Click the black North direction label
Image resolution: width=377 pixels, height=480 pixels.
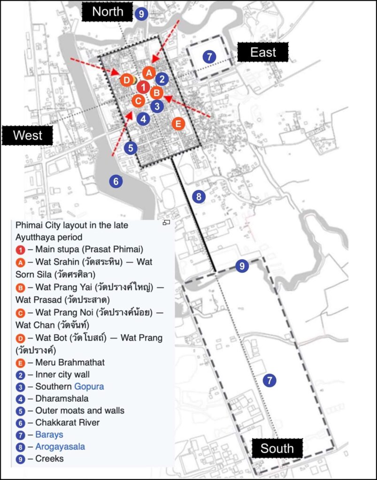point(108,12)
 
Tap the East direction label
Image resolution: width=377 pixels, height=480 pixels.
point(263,52)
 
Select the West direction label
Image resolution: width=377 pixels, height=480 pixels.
point(27,135)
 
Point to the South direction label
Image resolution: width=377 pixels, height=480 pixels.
point(277,448)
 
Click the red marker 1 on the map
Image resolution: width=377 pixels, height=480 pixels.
point(143,87)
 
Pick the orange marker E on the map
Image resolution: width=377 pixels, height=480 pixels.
point(177,124)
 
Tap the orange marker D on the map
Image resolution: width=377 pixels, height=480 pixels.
point(126,80)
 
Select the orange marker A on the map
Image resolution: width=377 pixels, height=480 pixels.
point(149,73)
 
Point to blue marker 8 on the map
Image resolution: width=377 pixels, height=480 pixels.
point(199,196)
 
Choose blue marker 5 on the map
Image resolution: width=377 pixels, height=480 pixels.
point(131,148)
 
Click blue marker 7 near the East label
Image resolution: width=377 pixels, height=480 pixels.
point(209,57)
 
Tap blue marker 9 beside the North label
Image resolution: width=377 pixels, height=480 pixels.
point(141,14)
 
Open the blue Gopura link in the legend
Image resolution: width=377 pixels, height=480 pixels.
point(89,386)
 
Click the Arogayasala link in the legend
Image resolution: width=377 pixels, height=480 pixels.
point(60,446)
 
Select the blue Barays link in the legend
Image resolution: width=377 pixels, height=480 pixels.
point(49,435)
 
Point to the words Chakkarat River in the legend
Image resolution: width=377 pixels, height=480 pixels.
point(67,422)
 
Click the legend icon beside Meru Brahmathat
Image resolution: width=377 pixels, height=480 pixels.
point(21,362)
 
